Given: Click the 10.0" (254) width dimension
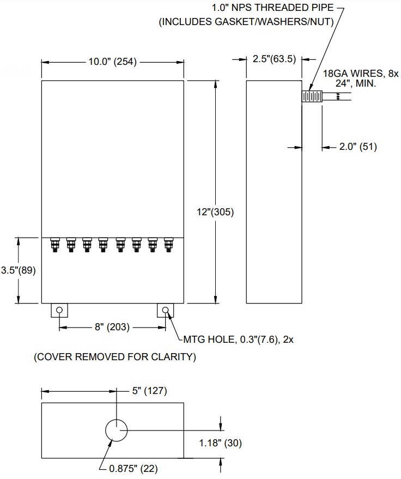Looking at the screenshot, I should tap(114, 62).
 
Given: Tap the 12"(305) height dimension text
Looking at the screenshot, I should tap(216, 213).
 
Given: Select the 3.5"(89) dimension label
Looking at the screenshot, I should tap(18, 270).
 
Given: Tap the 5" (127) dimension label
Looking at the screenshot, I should tap(148, 391).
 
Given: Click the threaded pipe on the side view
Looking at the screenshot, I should tap(312, 96).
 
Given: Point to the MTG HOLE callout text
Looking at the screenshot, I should tap(234, 340).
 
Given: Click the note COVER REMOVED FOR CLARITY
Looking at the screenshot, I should tap(114, 357).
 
